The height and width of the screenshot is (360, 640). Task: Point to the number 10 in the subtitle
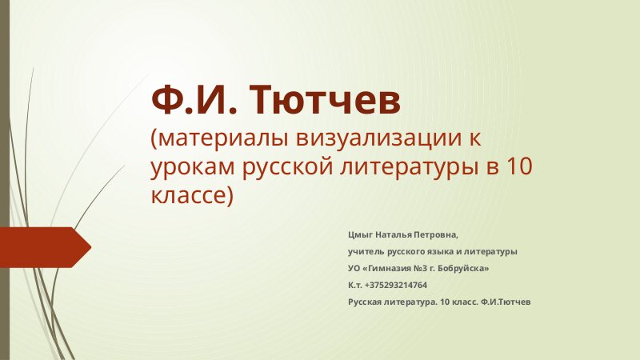click(x=519, y=166)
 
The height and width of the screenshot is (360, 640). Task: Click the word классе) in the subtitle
click(x=192, y=196)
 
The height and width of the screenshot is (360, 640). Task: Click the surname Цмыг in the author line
click(x=361, y=235)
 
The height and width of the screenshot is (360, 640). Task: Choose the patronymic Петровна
click(x=436, y=235)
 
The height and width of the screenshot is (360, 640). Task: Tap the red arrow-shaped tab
click(x=46, y=247)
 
